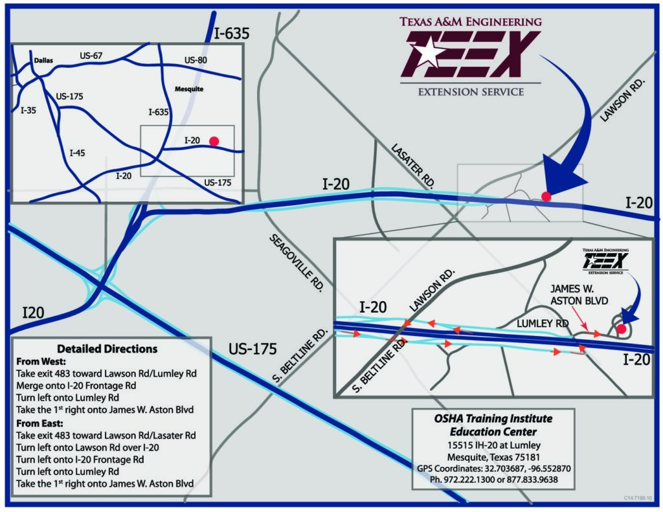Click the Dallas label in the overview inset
tap(43, 61)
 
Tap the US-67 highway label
tap(91, 56)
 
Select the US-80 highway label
tap(196, 60)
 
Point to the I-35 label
tap(28, 110)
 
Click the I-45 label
tap(77, 153)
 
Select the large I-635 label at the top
tap(231, 34)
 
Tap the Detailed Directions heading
tap(107, 348)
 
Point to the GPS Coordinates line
tap(493, 468)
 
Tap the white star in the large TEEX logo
tap(427, 52)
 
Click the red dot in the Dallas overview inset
tap(214, 140)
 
